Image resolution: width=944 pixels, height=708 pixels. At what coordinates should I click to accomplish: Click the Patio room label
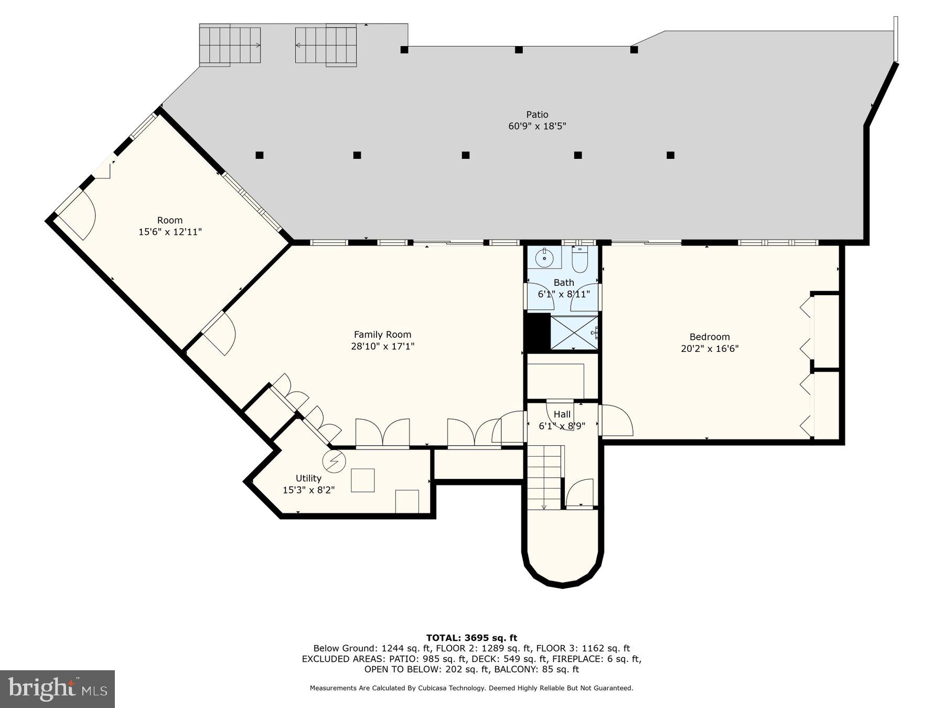pyautogui.click(x=537, y=114)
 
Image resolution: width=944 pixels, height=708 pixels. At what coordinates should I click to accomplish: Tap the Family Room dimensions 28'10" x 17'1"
pyautogui.click(x=382, y=346)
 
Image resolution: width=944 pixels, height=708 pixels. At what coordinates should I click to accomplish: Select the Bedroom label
pyautogui.click(x=709, y=337)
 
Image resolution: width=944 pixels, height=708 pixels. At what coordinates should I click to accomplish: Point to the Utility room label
pyautogui.click(x=308, y=478)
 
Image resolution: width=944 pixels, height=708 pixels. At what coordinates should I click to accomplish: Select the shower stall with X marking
pyautogui.click(x=574, y=332)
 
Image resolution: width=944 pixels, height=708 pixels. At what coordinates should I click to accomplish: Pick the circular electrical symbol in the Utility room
pyautogui.click(x=334, y=461)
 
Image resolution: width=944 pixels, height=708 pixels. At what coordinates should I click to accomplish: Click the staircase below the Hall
pyautogui.click(x=544, y=477)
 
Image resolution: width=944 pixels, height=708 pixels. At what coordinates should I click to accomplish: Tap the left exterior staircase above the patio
pyautogui.click(x=230, y=45)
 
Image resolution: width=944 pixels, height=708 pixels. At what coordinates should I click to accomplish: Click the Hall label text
pyautogui.click(x=562, y=414)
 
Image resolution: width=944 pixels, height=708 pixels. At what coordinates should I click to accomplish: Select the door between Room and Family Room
pyautogui.click(x=219, y=334)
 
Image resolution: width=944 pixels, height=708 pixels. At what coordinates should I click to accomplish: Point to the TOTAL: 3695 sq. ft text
pyautogui.click(x=471, y=638)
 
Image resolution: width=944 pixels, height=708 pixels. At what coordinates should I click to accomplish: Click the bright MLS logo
pyautogui.click(x=57, y=689)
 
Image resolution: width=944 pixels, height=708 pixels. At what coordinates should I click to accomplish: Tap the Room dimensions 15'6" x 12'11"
pyautogui.click(x=170, y=232)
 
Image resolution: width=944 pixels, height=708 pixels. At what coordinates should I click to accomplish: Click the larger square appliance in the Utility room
pyautogui.click(x=362, y=480)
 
